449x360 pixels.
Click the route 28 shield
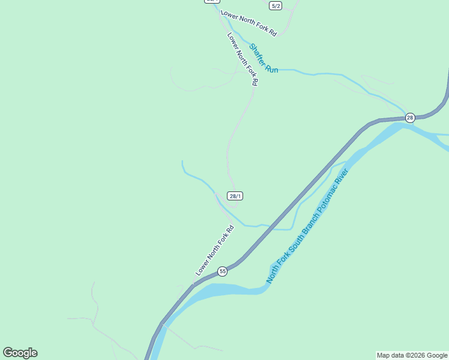point(410,118)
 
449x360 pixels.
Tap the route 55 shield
point(222,271)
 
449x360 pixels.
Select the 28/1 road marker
point(235,196)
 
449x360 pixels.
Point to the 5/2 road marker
point(276,5)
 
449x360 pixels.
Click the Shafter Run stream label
point(264,58)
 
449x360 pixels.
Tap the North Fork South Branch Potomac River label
point(307,226)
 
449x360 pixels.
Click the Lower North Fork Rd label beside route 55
point(214,250)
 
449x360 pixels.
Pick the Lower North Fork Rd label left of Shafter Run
point(243,58)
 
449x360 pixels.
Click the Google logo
point(20,353)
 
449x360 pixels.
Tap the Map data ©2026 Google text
point(412,355)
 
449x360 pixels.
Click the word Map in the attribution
point(384,355)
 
